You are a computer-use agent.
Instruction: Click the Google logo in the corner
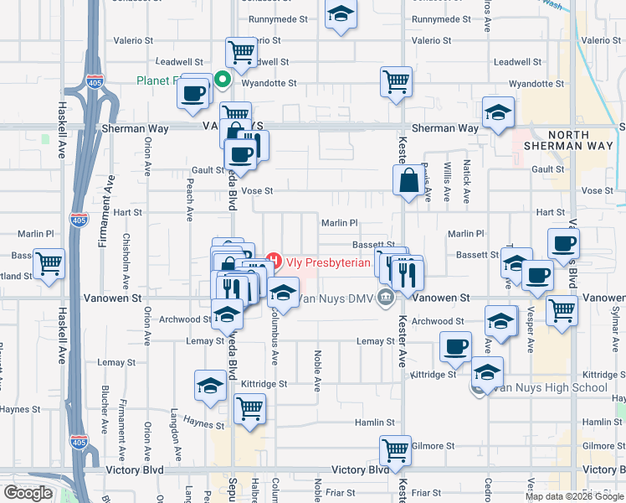[x=28, y=492]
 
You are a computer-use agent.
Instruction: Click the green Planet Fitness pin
[x=223, y=80]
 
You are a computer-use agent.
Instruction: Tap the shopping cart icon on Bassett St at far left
[x=49, y=263]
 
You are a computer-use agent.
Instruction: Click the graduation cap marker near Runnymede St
[x=340, y=15]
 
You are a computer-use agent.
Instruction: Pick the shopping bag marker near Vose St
[x=408, y=181]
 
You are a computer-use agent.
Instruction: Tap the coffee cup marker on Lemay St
[x=456, y=347]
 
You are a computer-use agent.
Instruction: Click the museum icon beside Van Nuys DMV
[x=385, y=297]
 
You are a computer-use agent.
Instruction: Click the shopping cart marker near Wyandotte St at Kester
[x=396, y=82]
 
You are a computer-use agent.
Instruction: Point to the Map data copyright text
[x=573, y=496]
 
